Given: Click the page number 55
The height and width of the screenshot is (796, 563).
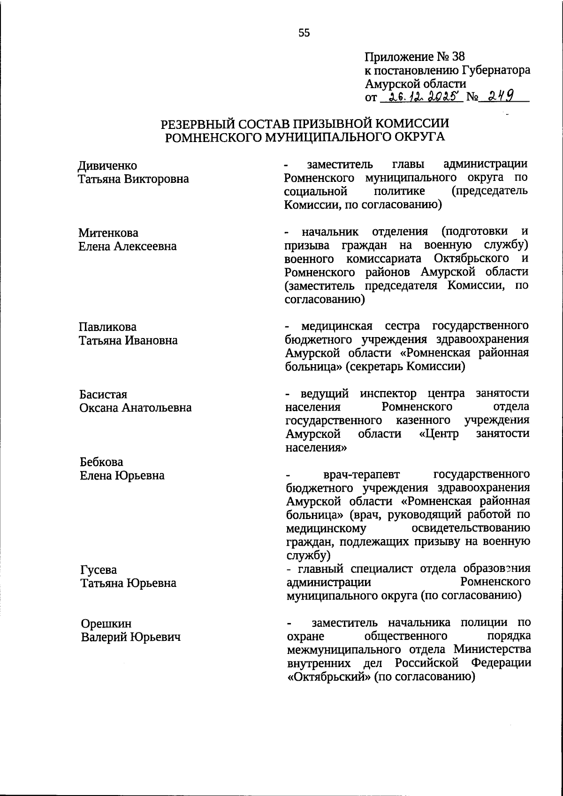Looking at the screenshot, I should tap(304, 33).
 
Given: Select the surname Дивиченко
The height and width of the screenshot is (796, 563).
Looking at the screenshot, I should tap(107, 166).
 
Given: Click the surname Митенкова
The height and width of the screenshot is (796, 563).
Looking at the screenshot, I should tap(108, 233).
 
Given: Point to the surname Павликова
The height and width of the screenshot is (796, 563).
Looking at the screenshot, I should tap(107, 327).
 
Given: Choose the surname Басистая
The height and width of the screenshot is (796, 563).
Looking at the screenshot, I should tap(103, 395).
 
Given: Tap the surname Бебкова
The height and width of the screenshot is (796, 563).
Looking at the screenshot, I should tap(101, 462).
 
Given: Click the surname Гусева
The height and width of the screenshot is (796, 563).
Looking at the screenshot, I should tap(99, 570).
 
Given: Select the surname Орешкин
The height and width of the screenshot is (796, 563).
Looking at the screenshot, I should tap(106, 624).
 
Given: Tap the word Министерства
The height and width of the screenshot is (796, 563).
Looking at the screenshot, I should tap(492, 650).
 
